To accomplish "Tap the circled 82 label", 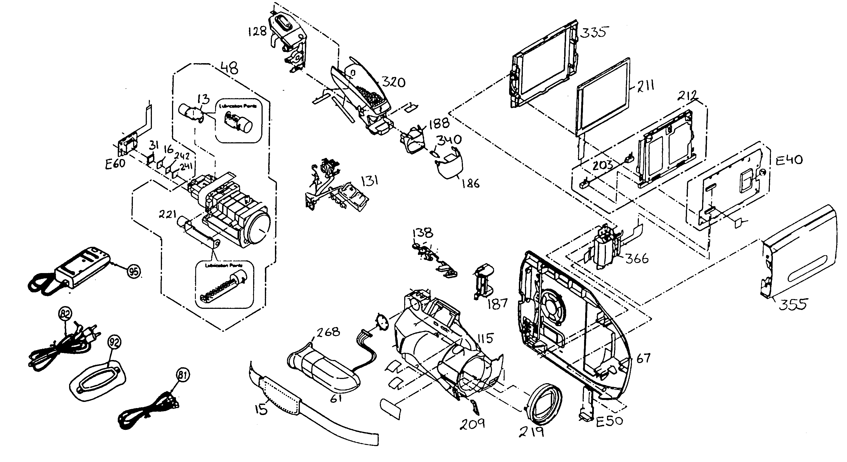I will [65, 314].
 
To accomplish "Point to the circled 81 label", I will [183, 375].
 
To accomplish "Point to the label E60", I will [115, 164].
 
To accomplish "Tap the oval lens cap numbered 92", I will [98, 381].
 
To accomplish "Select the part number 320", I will [394, 82].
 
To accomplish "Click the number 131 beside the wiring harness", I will [370, 181].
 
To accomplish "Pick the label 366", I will [637, 259].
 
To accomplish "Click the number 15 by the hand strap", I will [261, 409].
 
